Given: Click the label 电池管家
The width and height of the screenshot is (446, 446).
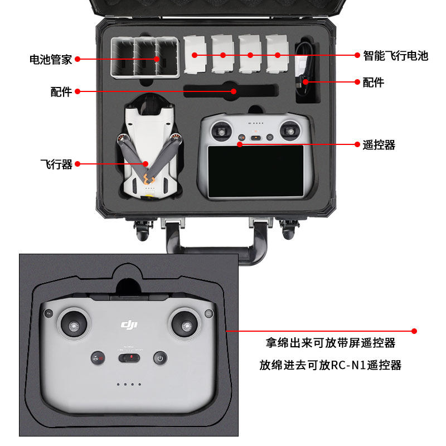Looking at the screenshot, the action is [51, 59].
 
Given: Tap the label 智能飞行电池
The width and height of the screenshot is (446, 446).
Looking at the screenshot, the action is [395, 56].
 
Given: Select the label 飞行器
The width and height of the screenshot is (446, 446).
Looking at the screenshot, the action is [56, 164].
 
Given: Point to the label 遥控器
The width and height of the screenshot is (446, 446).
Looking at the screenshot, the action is [379, 145].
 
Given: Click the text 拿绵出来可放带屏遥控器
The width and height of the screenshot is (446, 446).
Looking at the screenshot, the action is [330, 342].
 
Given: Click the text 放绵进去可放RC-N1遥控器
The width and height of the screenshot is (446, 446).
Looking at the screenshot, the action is [330, 365].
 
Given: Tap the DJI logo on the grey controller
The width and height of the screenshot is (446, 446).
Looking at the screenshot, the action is [130, 324].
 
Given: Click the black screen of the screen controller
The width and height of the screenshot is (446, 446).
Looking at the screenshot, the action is [256, 171].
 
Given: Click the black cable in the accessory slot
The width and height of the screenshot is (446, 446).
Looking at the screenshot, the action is [306, 67].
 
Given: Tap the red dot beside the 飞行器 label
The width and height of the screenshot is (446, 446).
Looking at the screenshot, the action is [77, 164].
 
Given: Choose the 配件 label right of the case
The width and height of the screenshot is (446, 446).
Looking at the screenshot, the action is [373, 83].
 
